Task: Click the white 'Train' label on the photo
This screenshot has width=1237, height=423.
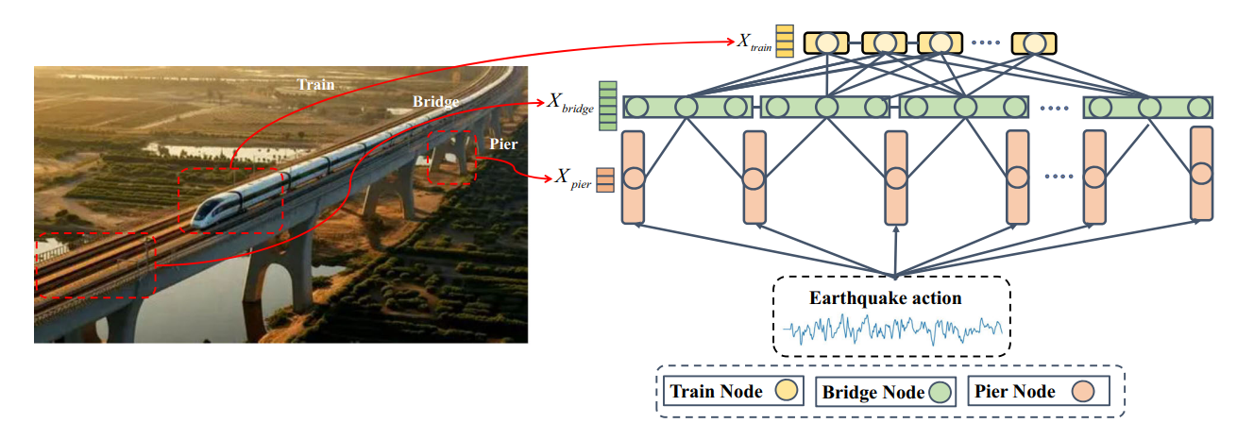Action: point(316,84)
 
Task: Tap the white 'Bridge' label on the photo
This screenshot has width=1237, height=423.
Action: point(435,101)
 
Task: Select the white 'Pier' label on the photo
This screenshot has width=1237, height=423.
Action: point(503,144)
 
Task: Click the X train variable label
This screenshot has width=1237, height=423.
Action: point(754,42)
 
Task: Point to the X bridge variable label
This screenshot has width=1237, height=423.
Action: point(570,102)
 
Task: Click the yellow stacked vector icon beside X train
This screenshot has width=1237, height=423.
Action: point(785,42)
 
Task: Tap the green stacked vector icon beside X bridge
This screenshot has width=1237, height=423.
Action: point(607,105)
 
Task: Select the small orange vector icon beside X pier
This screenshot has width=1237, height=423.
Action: point(605,178)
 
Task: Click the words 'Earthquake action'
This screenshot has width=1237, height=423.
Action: point(885,298)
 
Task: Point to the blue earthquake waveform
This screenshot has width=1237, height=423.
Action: point(893,330)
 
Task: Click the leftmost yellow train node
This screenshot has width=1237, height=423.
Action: point(826,43)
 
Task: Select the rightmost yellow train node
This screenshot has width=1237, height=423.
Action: point(1034,43)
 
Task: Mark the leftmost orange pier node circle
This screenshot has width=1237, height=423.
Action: point(633,177)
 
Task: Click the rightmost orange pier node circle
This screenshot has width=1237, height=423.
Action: point(1200,174)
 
